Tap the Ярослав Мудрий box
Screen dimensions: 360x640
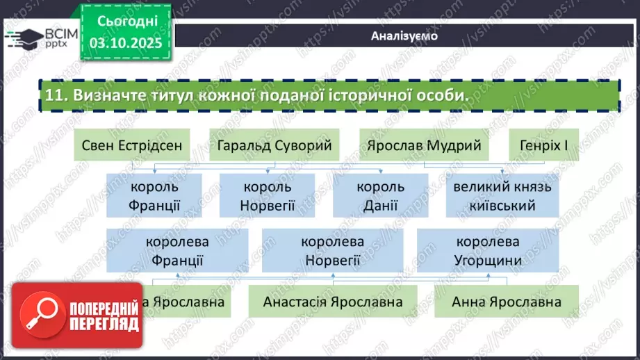pos(425,146)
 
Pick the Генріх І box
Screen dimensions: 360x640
pos(544,146)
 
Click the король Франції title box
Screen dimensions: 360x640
pos(154,196)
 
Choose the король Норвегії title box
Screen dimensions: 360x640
pos(268,196)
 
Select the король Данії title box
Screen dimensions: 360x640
pos(380,196)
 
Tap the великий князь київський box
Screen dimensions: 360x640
pos(502,196)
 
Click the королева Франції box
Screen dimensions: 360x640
pos(177,251)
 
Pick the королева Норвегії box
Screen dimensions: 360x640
pos(332,251)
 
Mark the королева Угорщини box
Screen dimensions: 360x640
pos(488,251)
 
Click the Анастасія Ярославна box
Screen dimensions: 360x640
pos(333,302)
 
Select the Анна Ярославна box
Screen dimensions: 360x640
pos(507,302)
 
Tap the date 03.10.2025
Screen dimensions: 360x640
pos(125,42)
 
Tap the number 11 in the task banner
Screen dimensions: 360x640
pos(54,97)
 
